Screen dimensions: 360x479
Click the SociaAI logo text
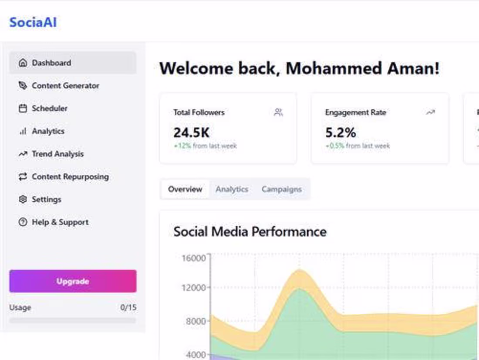tap(33, 22)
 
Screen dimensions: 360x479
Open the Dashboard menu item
tap(51, 63)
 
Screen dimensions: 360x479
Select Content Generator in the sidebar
tap(65, 86)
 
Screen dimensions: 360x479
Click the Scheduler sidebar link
tap(49, 109)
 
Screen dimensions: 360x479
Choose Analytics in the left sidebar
tap(48, 131)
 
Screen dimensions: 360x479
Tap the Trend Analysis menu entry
tap(57, 154)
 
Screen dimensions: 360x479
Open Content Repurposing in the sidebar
tap(70, 177)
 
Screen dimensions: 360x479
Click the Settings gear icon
tap(23, 199)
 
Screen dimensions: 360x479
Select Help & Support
tap(60, 222)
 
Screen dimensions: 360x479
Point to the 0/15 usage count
tap(128, 308)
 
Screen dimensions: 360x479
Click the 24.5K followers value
tap(191, 132)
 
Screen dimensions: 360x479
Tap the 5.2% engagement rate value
tap(341, 132)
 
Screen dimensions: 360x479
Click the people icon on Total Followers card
tap(278, 112)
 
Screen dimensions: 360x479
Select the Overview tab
tap(185, 189)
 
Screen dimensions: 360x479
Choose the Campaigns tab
tap(281, 189)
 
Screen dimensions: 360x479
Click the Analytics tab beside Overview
tap(232, 189)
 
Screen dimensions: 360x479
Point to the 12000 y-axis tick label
tap(193, 288)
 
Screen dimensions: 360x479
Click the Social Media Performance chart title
tap(250, 231)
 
